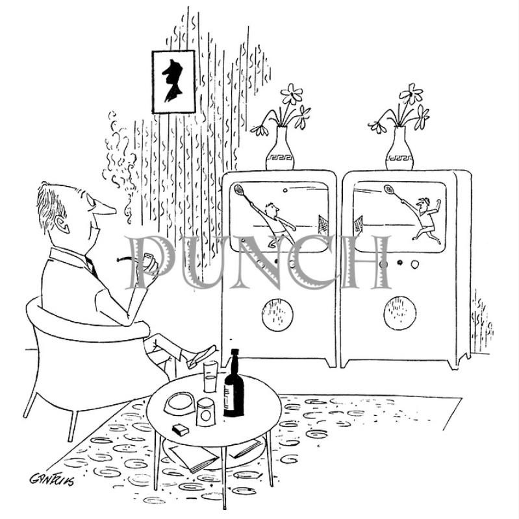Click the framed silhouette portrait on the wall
point(173,81)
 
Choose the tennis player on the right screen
point(425,217)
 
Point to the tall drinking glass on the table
point(210,376)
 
